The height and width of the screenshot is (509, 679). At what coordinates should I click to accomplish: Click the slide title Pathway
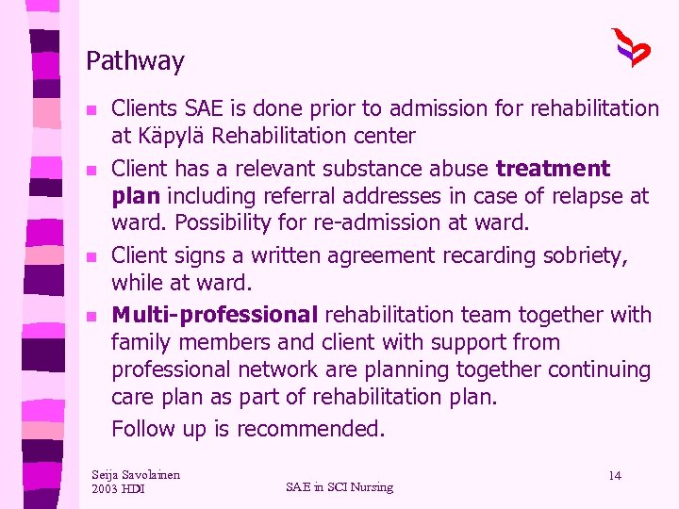135,62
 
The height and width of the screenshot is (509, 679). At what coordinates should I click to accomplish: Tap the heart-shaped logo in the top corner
630,47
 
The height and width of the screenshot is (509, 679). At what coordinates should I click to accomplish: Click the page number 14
614,475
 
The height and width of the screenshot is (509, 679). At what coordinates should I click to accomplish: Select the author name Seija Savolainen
136,474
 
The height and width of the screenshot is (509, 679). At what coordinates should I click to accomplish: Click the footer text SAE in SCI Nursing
339,486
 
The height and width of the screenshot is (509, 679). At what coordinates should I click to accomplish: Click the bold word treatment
553,169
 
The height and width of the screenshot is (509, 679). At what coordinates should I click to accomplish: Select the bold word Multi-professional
214,315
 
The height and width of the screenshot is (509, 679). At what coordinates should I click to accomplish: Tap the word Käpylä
171,136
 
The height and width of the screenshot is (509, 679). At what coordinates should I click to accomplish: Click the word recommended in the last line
310,429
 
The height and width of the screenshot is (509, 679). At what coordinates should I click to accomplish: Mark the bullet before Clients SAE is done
91,110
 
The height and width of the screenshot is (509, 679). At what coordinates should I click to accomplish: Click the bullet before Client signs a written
91,257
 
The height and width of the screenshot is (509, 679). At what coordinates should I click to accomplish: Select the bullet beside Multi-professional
91,317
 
